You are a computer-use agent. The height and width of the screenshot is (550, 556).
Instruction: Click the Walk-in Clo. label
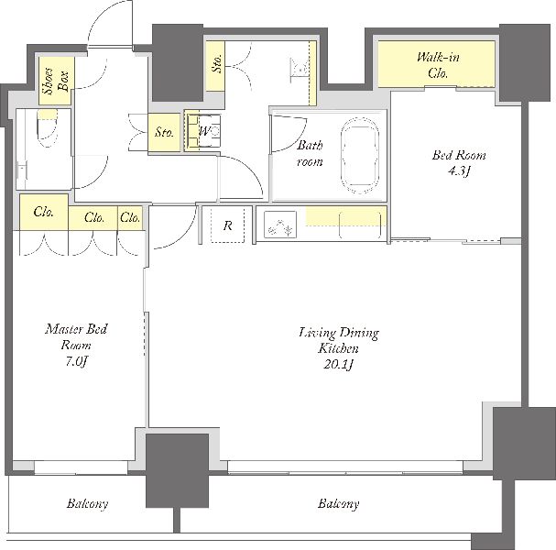438,65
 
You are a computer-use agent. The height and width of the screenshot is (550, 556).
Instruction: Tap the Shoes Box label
56,82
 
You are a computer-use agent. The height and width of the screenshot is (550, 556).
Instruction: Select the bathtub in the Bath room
359,156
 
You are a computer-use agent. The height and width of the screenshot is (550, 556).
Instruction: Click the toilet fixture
47,127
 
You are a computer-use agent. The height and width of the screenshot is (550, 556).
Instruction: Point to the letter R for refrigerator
228,225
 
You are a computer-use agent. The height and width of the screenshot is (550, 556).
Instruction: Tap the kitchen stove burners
280,225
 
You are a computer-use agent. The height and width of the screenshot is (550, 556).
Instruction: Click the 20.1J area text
338,365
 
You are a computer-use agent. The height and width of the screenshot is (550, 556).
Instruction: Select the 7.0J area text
75,361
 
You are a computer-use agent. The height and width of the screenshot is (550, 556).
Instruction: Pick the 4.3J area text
459,171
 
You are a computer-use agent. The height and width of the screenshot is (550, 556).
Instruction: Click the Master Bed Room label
76,336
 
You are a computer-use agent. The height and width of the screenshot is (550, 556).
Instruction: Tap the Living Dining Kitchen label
339,340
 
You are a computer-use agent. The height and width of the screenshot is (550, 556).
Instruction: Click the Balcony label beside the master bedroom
87,503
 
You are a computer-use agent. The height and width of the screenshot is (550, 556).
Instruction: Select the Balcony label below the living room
338,503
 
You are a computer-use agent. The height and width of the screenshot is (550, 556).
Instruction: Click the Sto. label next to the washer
164,132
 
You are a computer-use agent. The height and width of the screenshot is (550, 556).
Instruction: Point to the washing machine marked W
202,131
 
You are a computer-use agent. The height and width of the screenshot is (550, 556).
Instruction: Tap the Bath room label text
310,153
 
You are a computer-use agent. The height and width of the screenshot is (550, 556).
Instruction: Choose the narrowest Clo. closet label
130,217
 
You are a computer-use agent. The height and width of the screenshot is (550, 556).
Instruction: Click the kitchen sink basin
360,225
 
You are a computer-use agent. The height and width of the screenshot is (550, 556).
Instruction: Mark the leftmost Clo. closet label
44,212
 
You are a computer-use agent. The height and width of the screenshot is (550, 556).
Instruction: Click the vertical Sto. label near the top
217,63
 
